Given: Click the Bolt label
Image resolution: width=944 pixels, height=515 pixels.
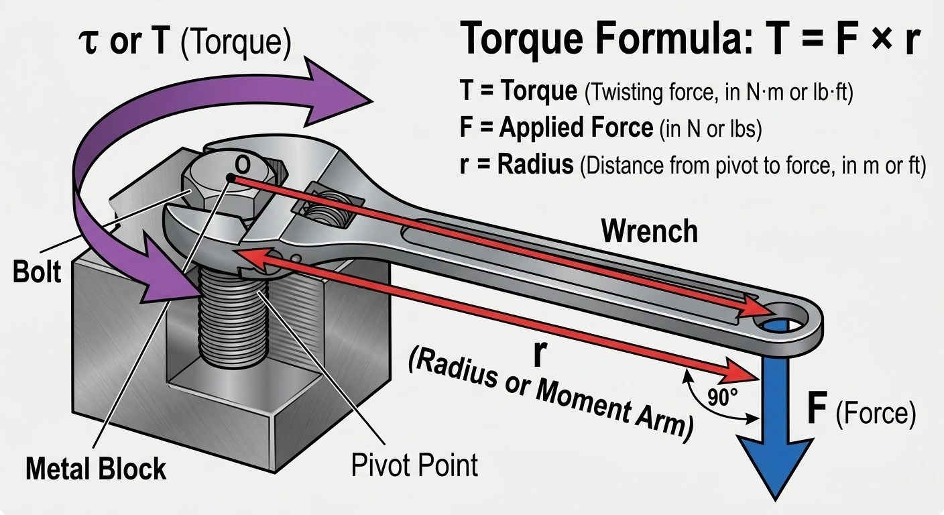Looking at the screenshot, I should click(x=37, y=272).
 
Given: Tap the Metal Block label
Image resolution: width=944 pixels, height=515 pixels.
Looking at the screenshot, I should click(x=96, y=468).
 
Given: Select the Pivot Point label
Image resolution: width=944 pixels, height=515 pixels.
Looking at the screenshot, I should click(x=415, y=465).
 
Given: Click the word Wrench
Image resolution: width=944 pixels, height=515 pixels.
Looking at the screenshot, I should click(x=649, y=231).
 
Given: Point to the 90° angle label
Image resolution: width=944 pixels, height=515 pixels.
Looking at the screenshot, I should click(x=723, y=398).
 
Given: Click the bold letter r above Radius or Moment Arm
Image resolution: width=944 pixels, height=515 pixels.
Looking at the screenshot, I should click(x=538, y=355).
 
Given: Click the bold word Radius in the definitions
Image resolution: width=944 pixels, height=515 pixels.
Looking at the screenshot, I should click(x=535, y=164).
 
